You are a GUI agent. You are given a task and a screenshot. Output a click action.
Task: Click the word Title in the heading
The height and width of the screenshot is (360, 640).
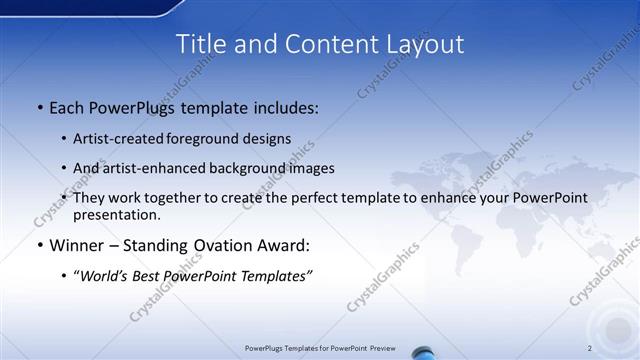199,44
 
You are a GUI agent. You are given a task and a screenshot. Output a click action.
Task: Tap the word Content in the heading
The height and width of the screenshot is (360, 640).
317,44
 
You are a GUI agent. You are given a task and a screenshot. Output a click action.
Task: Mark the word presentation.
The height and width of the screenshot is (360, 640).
116,214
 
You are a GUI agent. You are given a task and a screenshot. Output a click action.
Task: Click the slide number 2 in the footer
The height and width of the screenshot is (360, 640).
590,347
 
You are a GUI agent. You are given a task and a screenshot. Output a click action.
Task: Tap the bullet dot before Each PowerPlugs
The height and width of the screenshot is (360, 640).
38,108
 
